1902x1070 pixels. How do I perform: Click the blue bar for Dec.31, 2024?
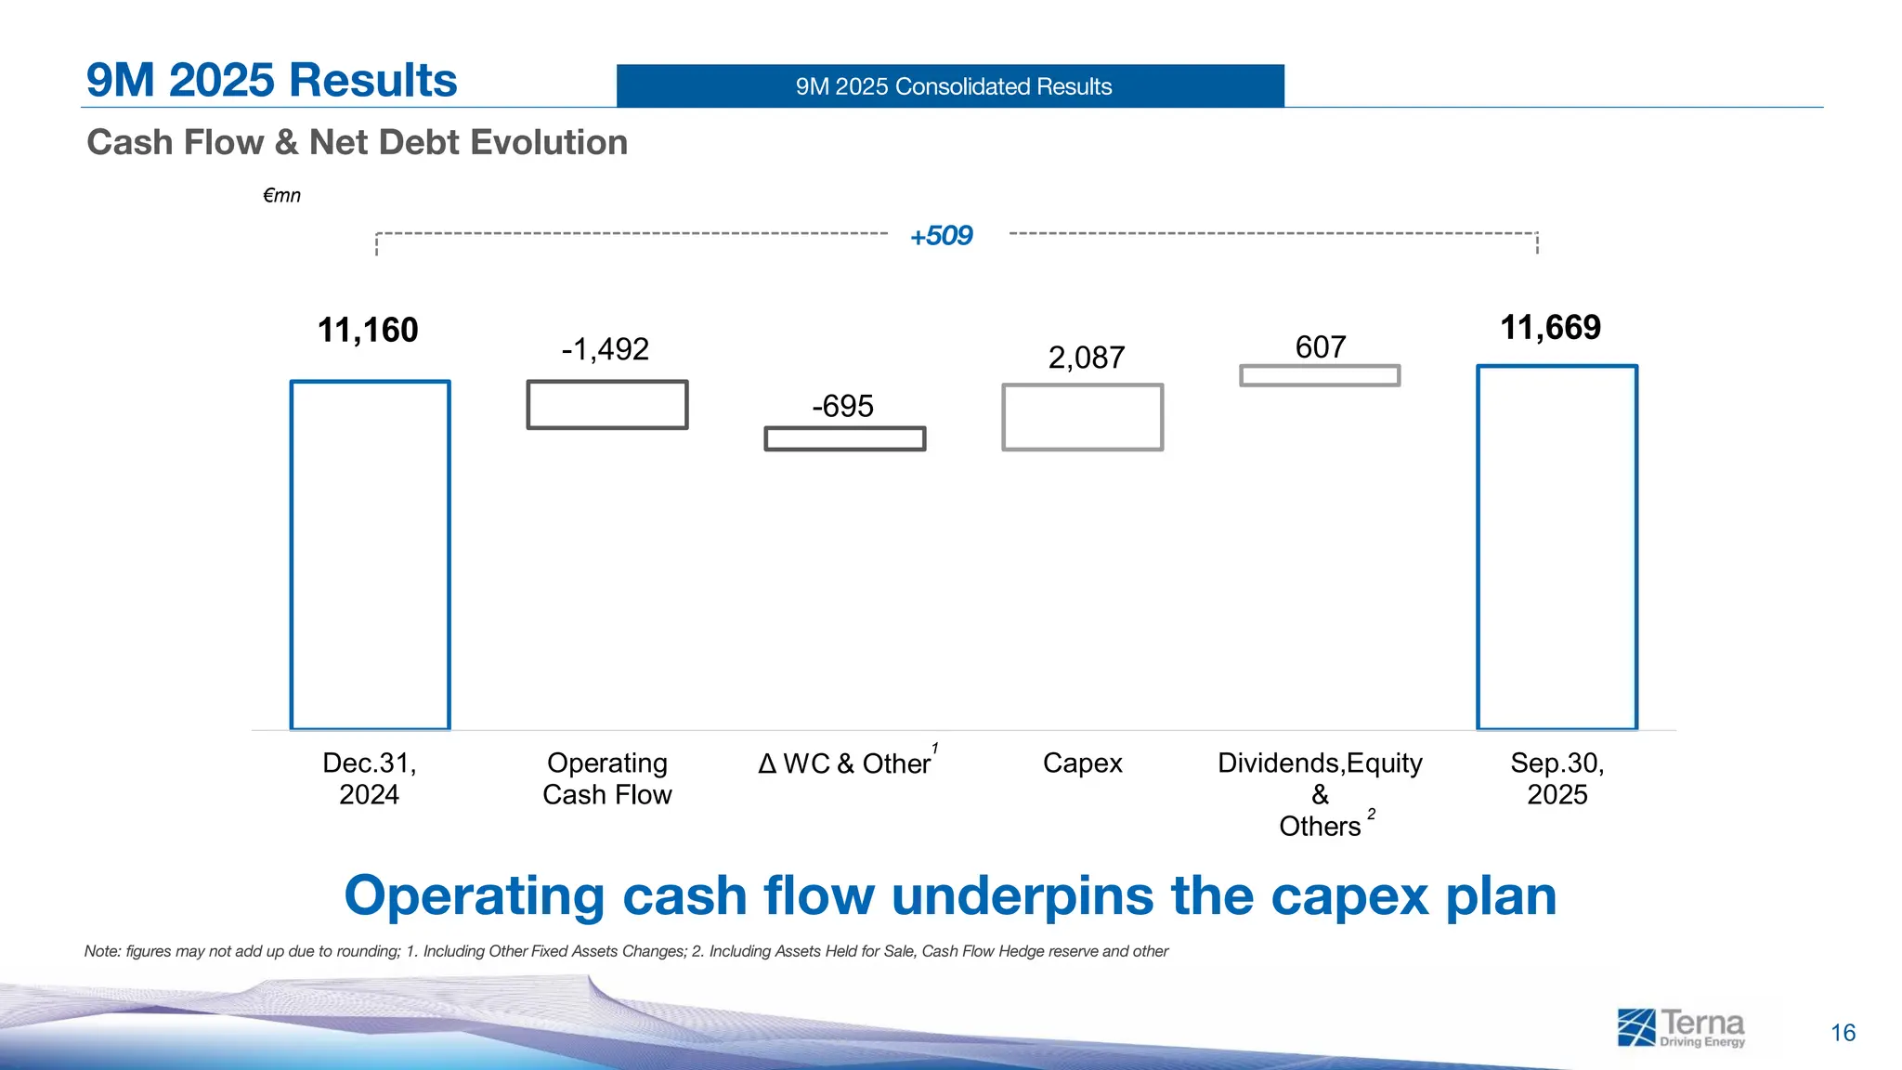[x=370, y=555]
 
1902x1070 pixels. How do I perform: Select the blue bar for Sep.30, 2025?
[x=1557, y=548]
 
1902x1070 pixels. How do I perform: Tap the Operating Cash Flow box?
[x=607, y=405]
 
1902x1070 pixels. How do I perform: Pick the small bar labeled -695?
[x=844, y=438]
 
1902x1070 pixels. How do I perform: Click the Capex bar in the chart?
[x=1082, y=417]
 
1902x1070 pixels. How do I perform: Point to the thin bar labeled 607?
[x=1320, y=375]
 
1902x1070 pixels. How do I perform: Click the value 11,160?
[x=368, y=330]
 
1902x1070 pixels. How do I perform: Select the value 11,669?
[x=1550, y=327]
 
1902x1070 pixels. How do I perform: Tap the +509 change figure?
[x=941, y=236]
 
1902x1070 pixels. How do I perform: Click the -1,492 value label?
[x=605, y=349]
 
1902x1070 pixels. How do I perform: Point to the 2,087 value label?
[x=1086, y=358]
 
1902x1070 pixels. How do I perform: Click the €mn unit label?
[x=281, y=195]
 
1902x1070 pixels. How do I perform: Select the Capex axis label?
[x=1082, y=763]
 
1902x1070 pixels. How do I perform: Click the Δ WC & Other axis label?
[x=845, y=763]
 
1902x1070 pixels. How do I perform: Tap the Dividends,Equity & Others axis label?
[x=1320, y=794]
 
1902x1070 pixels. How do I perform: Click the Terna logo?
[x=1680, y=1028]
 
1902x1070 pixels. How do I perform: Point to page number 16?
[x=1843, y=1033]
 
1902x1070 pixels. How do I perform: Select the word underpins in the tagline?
[x=1023, y=897]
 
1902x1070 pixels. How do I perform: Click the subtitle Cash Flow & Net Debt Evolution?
[x=357, y=142]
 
